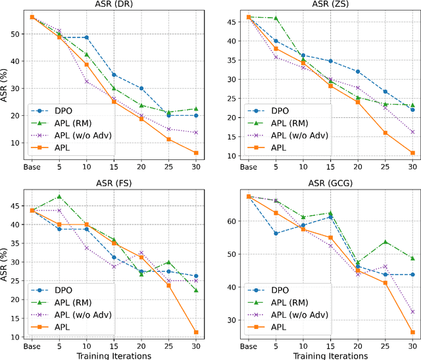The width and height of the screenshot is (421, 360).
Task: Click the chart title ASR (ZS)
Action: pos(322,5)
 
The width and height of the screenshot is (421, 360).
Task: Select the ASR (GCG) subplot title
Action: pos(322,184)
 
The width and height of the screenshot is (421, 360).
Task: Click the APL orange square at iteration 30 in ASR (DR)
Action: pos(196,153)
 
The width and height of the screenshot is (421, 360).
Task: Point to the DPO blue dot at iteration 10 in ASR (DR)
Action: pos(87,38)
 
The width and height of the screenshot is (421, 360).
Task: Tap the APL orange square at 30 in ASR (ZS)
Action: pos(412,153)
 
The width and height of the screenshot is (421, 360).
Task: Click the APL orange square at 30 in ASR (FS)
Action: pos(196,332)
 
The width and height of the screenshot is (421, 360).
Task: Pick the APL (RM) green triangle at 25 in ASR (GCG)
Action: pos(385,242)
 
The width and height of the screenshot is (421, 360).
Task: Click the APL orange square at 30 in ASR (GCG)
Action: pos(412,332)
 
